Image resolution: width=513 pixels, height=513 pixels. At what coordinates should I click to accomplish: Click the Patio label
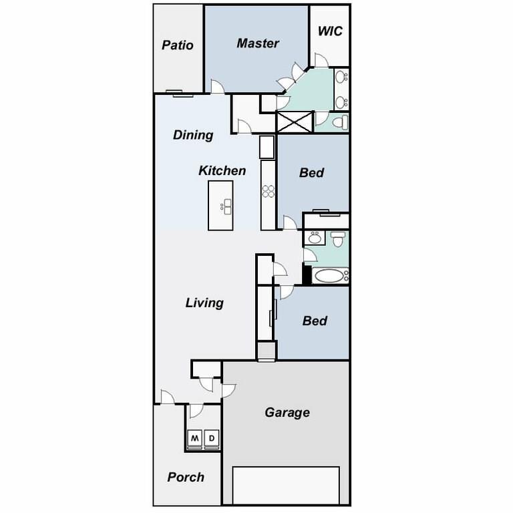178,45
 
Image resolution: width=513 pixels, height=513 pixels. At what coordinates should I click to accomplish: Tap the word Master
258,43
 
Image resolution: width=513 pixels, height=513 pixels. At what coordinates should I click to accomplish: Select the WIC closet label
330,31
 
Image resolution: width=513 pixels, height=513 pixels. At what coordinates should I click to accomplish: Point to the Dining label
193,135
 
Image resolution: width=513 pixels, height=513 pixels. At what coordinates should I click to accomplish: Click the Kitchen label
222,171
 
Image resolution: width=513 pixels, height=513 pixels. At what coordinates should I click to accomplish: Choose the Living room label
204,303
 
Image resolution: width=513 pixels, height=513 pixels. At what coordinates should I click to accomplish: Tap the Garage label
287,412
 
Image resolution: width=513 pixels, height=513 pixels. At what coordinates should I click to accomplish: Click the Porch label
186,477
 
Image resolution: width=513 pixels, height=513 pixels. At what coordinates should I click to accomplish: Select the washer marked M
195,439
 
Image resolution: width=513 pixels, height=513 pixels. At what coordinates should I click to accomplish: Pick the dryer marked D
212,439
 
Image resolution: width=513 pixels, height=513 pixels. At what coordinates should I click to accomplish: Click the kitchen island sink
227,206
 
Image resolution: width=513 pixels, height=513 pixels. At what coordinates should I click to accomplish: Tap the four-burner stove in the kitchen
268,191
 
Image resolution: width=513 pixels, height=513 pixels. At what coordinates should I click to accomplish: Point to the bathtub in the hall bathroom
330,275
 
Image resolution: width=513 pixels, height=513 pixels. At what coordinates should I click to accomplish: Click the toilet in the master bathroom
339,122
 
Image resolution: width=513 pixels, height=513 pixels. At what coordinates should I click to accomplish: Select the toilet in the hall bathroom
339,238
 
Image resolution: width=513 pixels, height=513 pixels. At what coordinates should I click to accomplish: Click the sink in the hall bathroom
314,237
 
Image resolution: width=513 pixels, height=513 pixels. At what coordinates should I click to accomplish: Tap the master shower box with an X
295,122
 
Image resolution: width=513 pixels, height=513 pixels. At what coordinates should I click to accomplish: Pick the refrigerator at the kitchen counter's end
267,146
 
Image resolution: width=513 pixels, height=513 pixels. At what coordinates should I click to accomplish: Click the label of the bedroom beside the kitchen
312,173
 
